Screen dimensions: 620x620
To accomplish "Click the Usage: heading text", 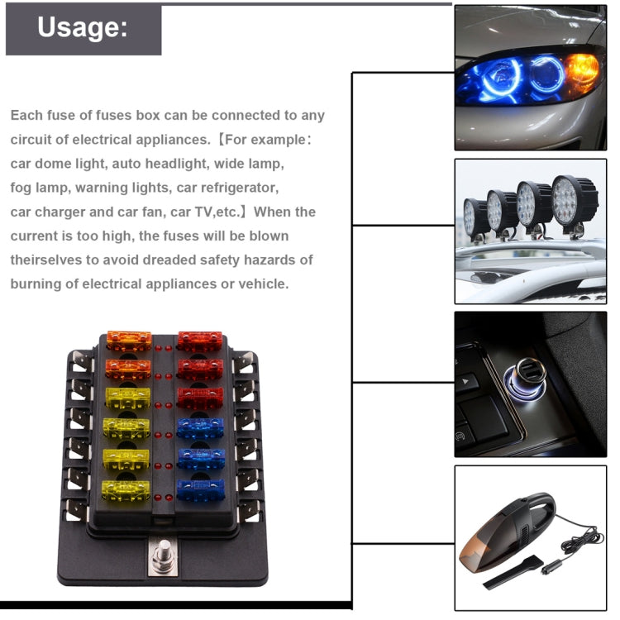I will click(83, 28).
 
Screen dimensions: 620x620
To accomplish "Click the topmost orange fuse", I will click(129, 340).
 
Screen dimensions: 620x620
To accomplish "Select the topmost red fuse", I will click(200, 340).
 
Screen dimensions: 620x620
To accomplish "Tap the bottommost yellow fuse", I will click(126, 489).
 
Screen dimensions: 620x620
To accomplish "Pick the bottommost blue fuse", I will click(200, 489).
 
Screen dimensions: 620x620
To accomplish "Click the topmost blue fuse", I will click(200, 427).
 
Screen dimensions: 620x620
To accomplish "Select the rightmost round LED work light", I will click(575, 198).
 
